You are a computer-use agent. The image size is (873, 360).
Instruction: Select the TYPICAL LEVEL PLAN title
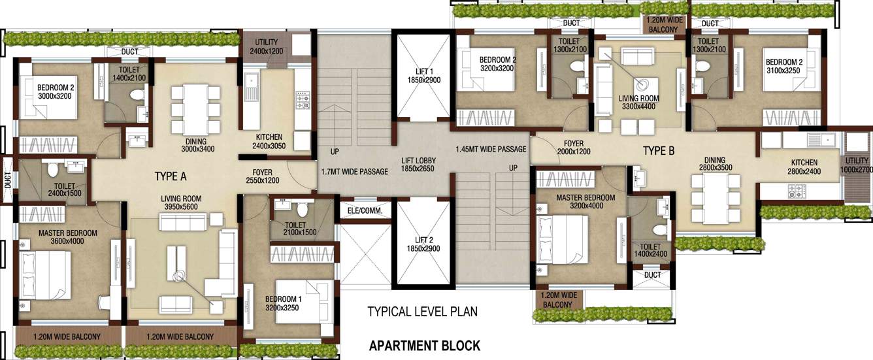coord(422,312)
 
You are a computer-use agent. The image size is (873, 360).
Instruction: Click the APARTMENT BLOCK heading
coord(425,346)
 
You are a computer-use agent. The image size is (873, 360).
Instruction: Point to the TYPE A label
coord(171,176)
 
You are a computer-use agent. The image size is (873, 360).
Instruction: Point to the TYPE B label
coord(659,152)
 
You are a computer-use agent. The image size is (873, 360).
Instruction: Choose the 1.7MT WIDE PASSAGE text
coord(355,172)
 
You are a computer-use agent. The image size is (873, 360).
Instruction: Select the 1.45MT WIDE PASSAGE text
coord(491,149)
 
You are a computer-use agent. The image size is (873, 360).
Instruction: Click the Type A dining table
coord(195,109)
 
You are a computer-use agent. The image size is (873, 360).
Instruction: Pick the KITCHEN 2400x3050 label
coord(269,140)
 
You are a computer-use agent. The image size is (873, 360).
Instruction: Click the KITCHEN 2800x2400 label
coord(804,167)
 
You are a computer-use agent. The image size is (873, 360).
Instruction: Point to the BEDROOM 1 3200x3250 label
coord(282,304)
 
